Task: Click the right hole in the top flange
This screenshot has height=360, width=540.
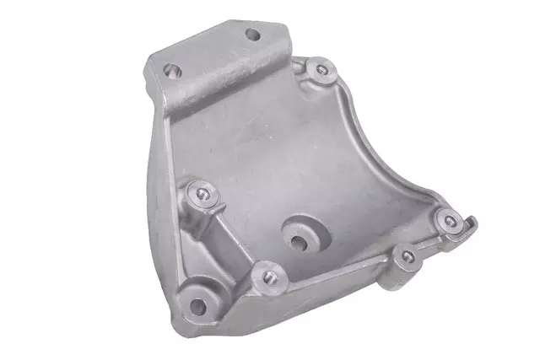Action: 252,35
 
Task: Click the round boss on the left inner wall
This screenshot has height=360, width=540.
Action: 202,196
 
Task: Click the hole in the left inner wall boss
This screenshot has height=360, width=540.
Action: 202,194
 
